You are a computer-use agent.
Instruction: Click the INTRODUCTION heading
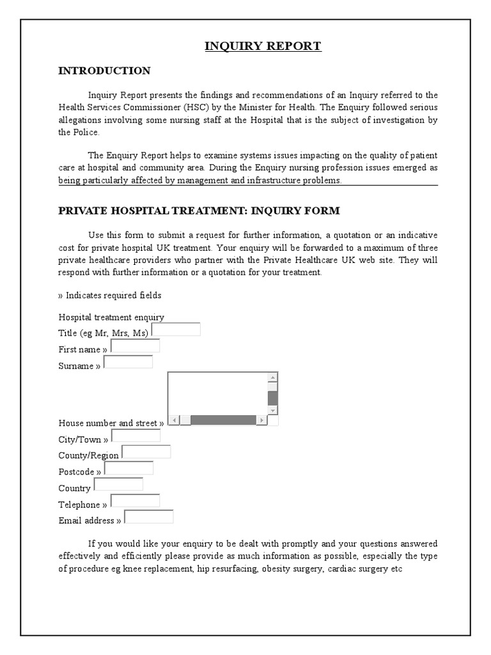pyautogui.click(x=104, y=71)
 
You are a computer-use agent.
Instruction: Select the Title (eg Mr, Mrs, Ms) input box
pyautogui.click(x=176, y=329)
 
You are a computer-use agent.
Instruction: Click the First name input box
pyautogui.click(x=135, y=346)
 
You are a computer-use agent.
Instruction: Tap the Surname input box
pyautogui.click(x=128, y=362)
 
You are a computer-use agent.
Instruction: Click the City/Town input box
pyautogui.click(x=136, y=436)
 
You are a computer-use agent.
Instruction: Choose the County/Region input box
pyautogui.click(x=146, y=452)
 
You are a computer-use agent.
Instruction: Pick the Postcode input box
pyautogui.click(x=129, y=468)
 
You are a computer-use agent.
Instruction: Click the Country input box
pyautogui.click(x=118, y=484)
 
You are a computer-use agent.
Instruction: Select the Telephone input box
pyautogui.click(x=135, y=501)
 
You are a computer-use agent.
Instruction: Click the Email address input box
pyautogui.click(x=148, y=517)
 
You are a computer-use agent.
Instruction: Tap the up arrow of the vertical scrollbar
pyautogui.click(x=273, y=377)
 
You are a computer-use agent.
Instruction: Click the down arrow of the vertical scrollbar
pyautogui.click(x=273, y=409)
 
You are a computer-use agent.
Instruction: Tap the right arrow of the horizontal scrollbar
pyautogui.click(x=261, y=420)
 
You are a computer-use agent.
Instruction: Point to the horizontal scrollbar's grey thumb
pyautogui.click(x=223, y=420)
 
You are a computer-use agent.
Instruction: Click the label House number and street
pyautogui.click(x=110, y=423)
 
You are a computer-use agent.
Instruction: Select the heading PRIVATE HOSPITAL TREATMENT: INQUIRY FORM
pyautogui.click(x=199, y=211)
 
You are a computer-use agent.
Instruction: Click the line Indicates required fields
pyautogui.click(x=110, y=296)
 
